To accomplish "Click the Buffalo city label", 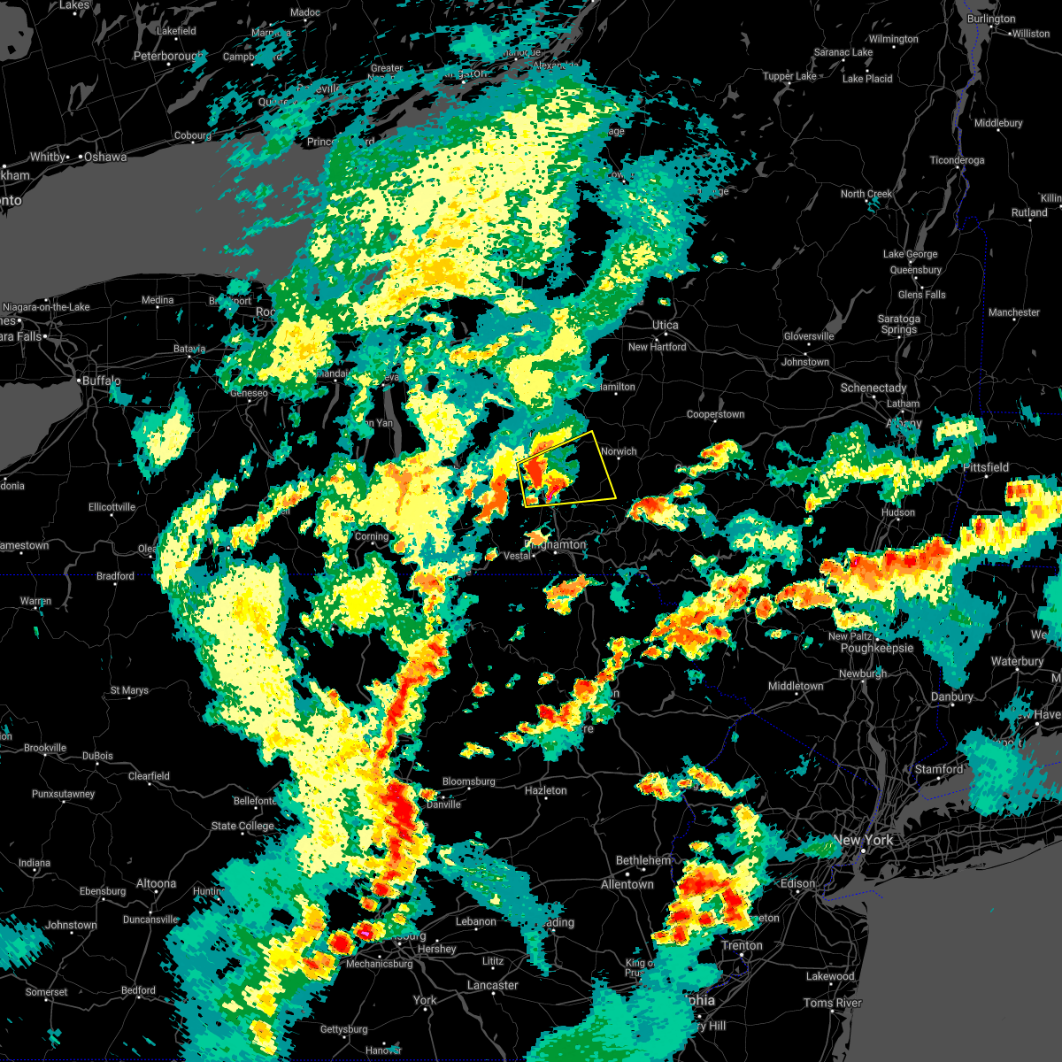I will [x=101, y=381].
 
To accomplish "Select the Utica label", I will [x=666, y=326].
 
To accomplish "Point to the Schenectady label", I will [x=873, y=389].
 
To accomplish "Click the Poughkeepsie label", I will [x=876, y=648].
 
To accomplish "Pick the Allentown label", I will [x=627, y=884].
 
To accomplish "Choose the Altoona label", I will [x=156, y=883].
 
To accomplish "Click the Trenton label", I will [x=742, y=945].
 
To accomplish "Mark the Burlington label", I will [x=991, y=19].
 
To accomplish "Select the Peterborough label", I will [x=168, y=57].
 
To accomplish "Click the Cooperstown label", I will [x=715, y=414].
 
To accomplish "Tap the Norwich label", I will [x=619, y=451].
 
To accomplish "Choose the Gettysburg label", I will [x=343, y=1029].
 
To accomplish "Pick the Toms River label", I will [x=832, y=1003].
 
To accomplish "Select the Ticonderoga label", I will [x=957, y=160].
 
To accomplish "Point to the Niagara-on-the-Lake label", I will [x=46, y=307].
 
